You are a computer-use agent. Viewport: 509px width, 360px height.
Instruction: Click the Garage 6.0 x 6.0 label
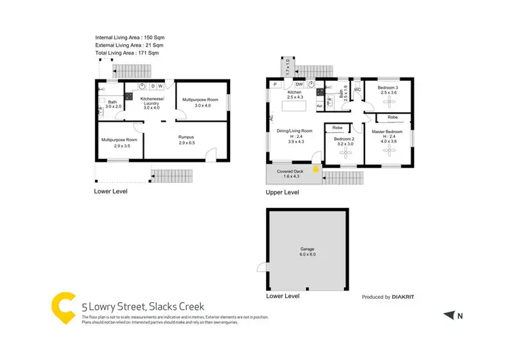[307, 251]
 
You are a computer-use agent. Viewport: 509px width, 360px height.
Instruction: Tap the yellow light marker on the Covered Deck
[316, 170]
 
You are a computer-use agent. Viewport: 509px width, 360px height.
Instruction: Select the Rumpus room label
[187, 139]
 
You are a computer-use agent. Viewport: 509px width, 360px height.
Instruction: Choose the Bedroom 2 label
[344, 141]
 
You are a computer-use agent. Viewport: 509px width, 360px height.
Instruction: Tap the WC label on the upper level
[357, 89]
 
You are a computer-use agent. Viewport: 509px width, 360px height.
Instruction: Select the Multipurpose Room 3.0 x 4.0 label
[204, 103]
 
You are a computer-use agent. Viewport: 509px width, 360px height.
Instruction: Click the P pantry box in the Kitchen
[276, 84]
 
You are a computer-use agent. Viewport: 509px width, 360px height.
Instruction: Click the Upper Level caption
[282, 193]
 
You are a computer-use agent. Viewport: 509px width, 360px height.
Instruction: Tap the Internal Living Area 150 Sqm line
[130, 37]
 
